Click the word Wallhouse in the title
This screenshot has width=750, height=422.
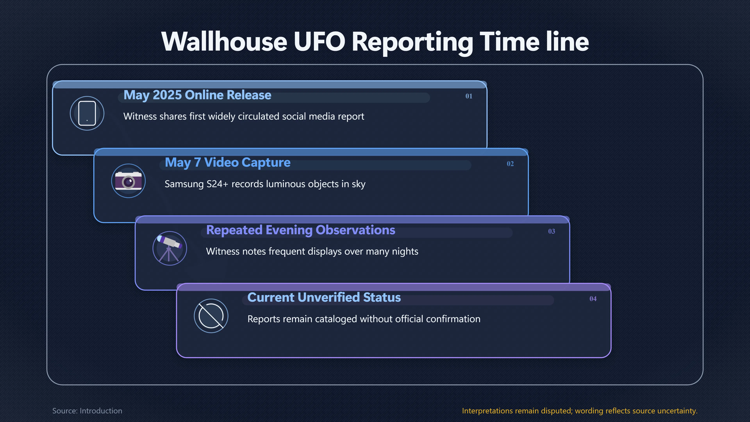224,41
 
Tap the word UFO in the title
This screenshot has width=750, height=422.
319,41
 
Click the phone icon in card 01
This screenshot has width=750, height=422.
87,113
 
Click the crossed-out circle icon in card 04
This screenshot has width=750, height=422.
211,316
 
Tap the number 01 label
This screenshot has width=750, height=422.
469,96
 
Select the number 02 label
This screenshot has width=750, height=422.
510,164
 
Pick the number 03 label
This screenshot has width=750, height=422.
551,231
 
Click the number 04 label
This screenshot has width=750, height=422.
593,299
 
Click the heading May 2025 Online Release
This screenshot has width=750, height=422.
197,95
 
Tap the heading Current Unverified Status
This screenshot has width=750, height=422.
324,297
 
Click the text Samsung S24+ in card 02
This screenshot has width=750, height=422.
196,184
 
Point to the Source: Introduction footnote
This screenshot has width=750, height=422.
87,411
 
